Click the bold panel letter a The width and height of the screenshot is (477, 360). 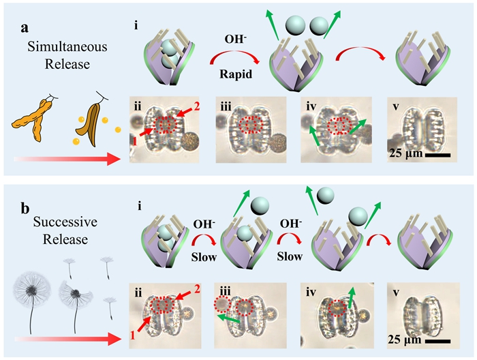coord(22,29)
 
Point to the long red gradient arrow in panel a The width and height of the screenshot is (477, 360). coord(68,160)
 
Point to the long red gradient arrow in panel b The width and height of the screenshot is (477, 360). coord(68,336)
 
